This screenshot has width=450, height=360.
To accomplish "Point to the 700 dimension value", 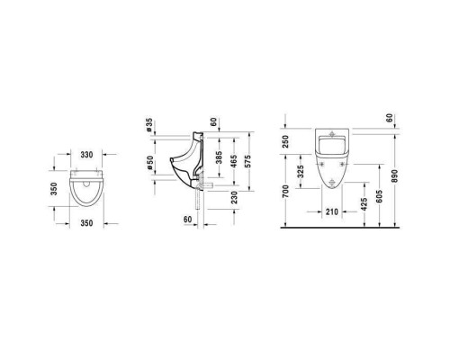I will click(285, 192).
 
